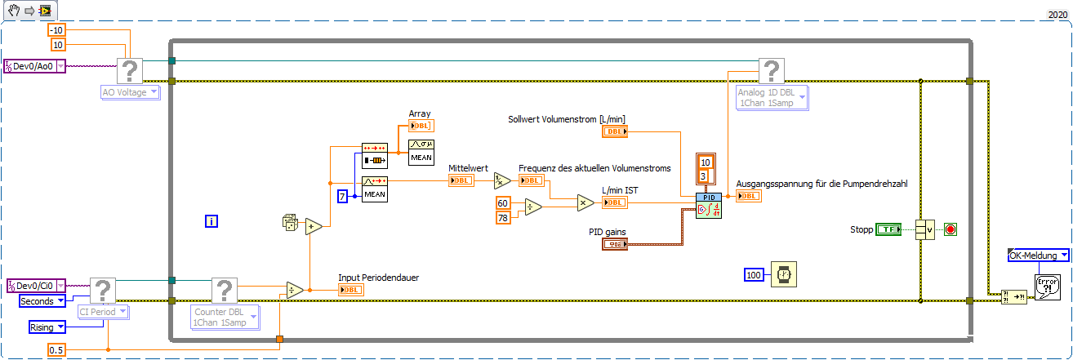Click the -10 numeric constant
point(56,30)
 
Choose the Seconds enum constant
point(42,301)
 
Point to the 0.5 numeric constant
point(56,349)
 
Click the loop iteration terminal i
point(211,221)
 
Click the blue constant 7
point(344,196)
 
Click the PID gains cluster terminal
point(614,244)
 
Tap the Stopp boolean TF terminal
point(888,229)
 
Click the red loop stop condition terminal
point(950,229)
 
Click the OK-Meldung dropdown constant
point(1038,256)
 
